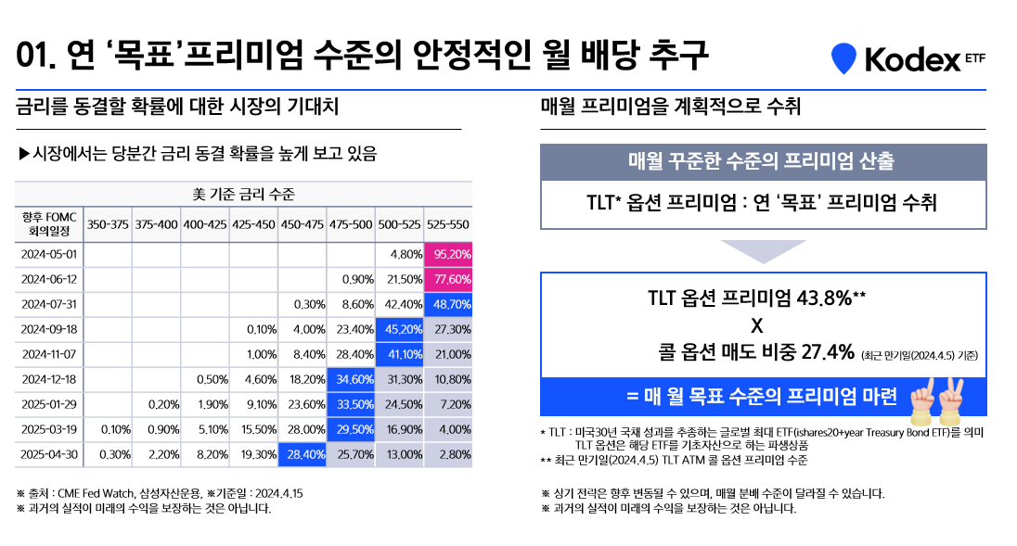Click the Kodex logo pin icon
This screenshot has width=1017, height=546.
(843, 58)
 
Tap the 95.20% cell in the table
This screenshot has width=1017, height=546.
(448, 253)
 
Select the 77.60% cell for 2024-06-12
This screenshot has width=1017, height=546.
(448, 278)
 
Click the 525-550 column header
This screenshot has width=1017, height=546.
(448, 223)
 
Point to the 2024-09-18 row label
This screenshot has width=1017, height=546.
(48, 329)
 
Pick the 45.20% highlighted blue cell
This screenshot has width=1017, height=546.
(400, 329)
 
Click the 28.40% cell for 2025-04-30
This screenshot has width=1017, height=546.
(303, 454)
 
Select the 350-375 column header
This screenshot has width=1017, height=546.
(107, 223)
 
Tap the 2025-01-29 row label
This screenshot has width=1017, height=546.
(48, 404)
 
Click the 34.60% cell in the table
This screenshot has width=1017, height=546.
(351, 379)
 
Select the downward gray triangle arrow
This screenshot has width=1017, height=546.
(763, 250)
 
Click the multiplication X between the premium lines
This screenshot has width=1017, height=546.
(755, 325)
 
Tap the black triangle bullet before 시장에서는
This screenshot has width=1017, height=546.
(25, 152)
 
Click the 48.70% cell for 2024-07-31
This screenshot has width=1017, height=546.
(448, 303)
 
